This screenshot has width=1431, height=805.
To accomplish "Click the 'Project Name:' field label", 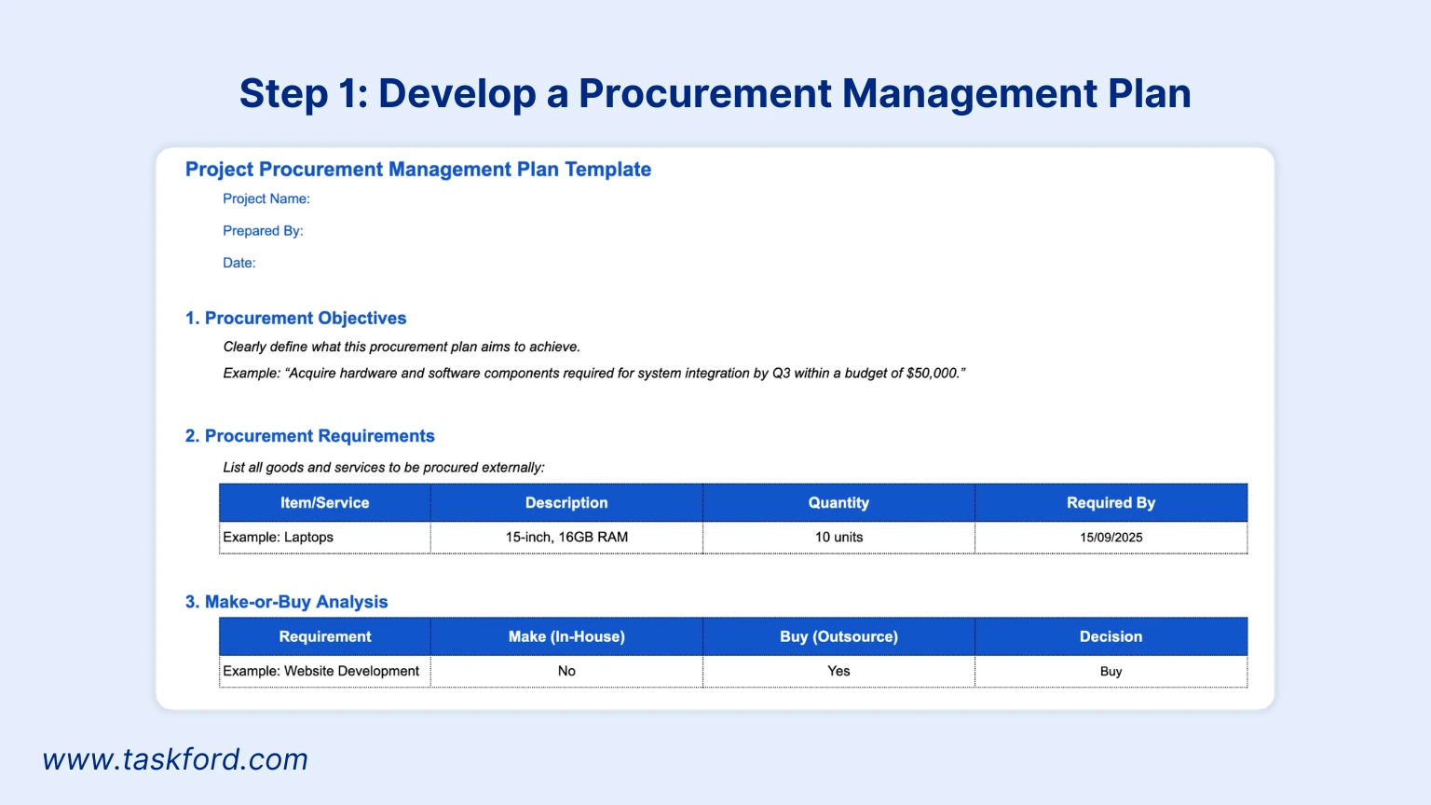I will pos(266,198).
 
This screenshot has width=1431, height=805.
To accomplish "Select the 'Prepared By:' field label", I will pos(263,231).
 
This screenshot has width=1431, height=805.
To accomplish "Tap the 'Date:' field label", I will pos(238,263).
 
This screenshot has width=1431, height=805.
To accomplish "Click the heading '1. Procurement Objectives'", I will pos(295,319).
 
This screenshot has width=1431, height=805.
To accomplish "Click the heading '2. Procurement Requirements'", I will pos(309,436).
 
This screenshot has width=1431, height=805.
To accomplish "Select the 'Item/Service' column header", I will pos(324,503).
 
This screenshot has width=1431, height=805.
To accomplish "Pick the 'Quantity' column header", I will pos(838,503).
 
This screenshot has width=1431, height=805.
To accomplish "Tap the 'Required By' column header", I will pos(1111,503).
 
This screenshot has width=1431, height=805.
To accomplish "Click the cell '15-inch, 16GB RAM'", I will pos(566,538).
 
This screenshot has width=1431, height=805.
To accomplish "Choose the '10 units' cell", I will pos(838,538).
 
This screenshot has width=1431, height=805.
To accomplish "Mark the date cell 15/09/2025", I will pos(1111,538).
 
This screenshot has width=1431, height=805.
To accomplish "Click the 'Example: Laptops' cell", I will pos(278,538).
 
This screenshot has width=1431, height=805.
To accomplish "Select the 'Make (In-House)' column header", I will pos(566,637).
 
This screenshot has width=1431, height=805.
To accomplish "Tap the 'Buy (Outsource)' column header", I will pos(838,637).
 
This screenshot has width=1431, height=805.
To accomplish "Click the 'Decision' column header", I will pos(1111,637).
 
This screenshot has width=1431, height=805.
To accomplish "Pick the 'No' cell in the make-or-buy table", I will pos(566,672).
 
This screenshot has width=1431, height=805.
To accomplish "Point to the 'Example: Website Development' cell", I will pos(320,672).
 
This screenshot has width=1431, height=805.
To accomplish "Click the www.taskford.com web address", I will pos(175,759).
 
